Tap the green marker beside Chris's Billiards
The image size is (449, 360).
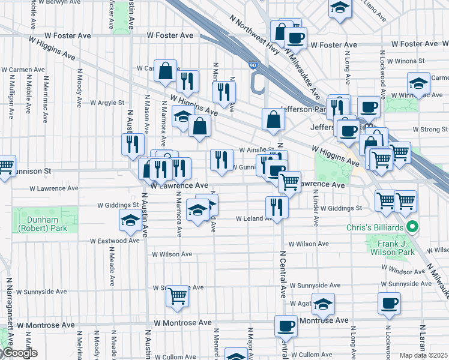(x=412, y=227)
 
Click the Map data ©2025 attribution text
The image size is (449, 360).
(x=424, y=355)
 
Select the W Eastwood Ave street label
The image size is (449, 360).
(x=115, y=241)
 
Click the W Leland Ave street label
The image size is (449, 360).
(x=253, y=219)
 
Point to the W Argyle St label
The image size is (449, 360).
(x=107, y=103)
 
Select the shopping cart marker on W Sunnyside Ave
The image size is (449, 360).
(x=177, y=296)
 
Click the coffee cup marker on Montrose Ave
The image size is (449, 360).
(x=286, y=326)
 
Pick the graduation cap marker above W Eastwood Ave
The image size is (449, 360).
(x=130, y=221)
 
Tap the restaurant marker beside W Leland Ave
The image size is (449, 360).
(x=277, y=207)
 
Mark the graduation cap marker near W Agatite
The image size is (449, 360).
(x=323, y=305)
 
